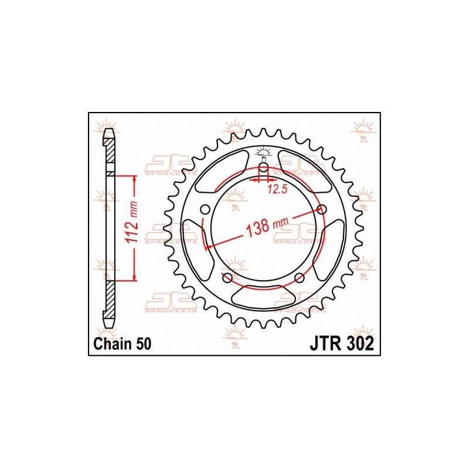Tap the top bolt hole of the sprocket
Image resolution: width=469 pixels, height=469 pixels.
pyautogui.click(x=263, y=167)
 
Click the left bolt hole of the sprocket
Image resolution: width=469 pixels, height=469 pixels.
pyautogui.click(x=204, y=210)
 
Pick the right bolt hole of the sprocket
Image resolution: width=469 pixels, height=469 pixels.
pyautogui.click(x=322, y=209)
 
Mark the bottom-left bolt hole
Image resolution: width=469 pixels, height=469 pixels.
pyautogui.click(x=226, y=277)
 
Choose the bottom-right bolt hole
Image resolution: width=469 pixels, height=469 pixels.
pyautogui.click(x=299, y=277)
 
